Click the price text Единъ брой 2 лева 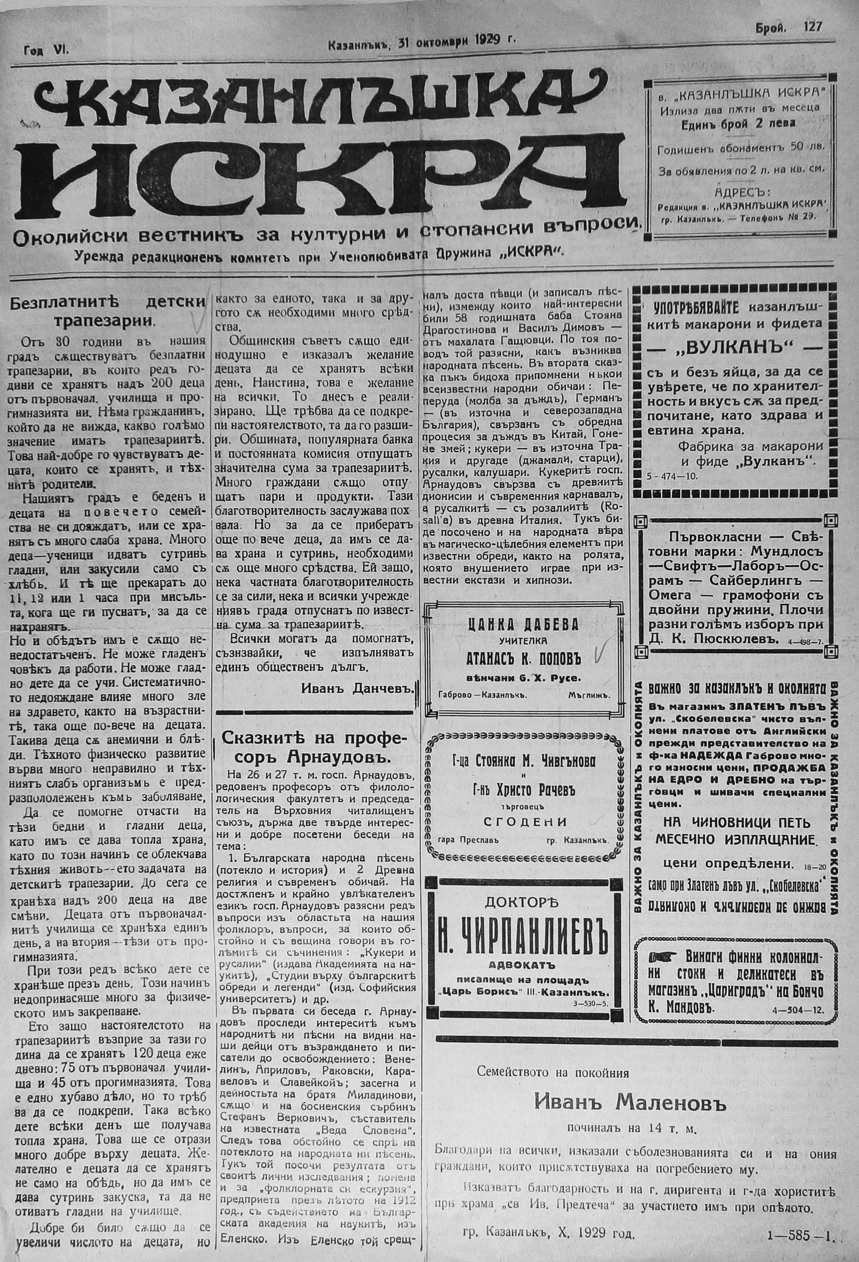coord(739,123)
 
